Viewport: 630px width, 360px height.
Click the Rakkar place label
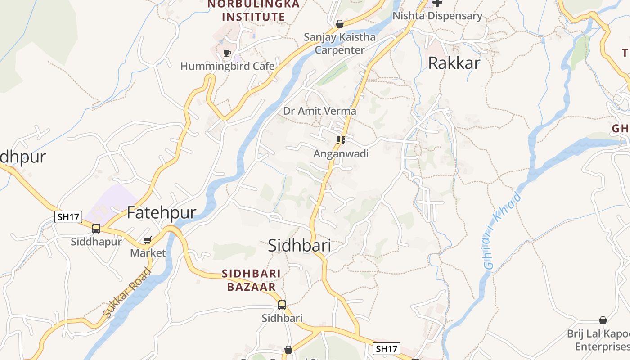[x=454, y=63]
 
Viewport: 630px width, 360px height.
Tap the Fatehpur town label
[x=162, y=212]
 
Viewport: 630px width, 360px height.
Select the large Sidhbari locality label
[x=299, y=245]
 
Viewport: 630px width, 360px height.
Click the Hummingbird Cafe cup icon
[x=227, y=54]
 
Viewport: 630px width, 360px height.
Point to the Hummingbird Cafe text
[x=227, y=67]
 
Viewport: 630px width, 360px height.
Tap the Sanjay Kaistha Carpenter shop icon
[x=340, y=24]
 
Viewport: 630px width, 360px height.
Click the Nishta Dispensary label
[x=437, y=16]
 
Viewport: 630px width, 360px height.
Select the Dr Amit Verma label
[x=319, y=111]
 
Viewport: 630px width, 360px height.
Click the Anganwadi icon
[x=341, y=140]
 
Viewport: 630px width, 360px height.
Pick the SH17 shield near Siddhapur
[x=68, y=217]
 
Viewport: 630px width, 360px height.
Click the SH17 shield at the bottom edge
[x=387, y=348]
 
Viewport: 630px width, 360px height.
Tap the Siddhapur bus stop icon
[x=96, y=229]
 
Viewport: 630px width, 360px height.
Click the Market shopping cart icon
[x=147, y=240]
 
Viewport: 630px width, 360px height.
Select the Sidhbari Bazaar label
[x=251, y=280]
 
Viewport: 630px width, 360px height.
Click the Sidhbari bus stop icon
[x=282, y=305]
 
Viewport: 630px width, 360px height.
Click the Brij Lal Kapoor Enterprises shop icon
[x=603, y=320]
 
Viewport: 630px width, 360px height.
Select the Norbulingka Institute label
[x=253, y=10]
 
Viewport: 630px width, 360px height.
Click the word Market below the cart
[x=148, y=253]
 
